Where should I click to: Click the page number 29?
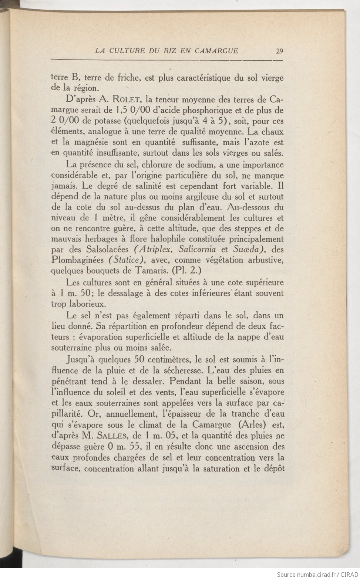pyautogui.click(x=279, y=51)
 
